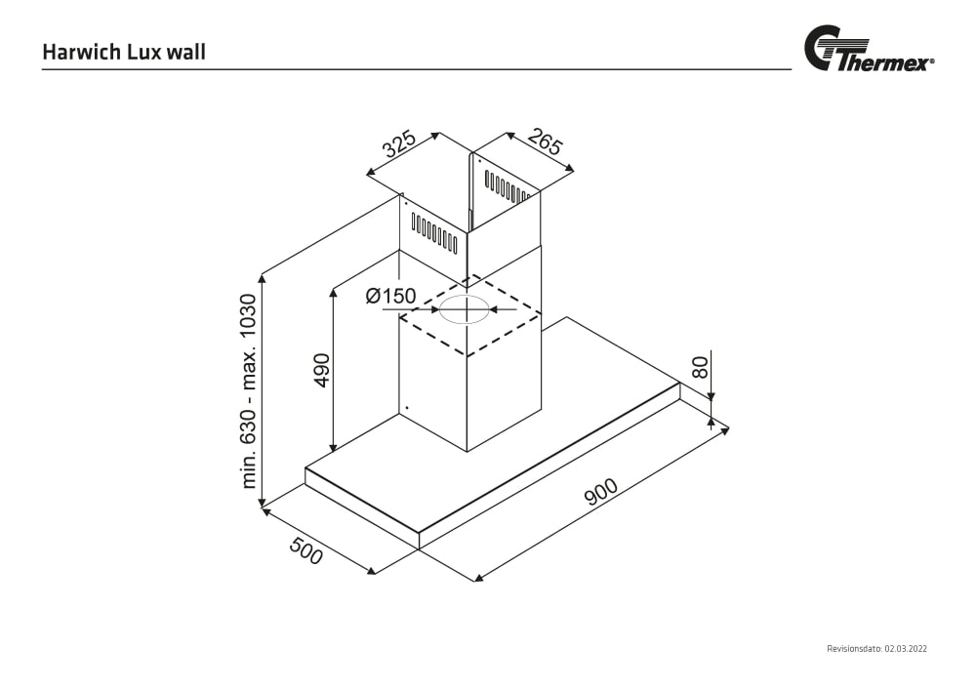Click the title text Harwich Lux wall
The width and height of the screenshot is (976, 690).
coord(124,52)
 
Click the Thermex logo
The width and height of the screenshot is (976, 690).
coord(868,50)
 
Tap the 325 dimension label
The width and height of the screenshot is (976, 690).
coord(399,144)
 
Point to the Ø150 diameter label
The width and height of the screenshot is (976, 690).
coord(390,296)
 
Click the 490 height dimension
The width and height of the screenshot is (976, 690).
coord(322,370)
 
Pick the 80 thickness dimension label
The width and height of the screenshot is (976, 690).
coord(699,367)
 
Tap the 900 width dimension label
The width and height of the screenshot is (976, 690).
coord(601,495)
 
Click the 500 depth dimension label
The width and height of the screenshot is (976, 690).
coord(305,551)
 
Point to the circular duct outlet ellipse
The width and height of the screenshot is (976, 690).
coord(464,310)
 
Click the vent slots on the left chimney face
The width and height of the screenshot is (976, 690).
coord(433,233)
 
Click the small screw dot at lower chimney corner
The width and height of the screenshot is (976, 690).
coord(405,408)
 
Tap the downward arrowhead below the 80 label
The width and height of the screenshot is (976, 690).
coord(712,395)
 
